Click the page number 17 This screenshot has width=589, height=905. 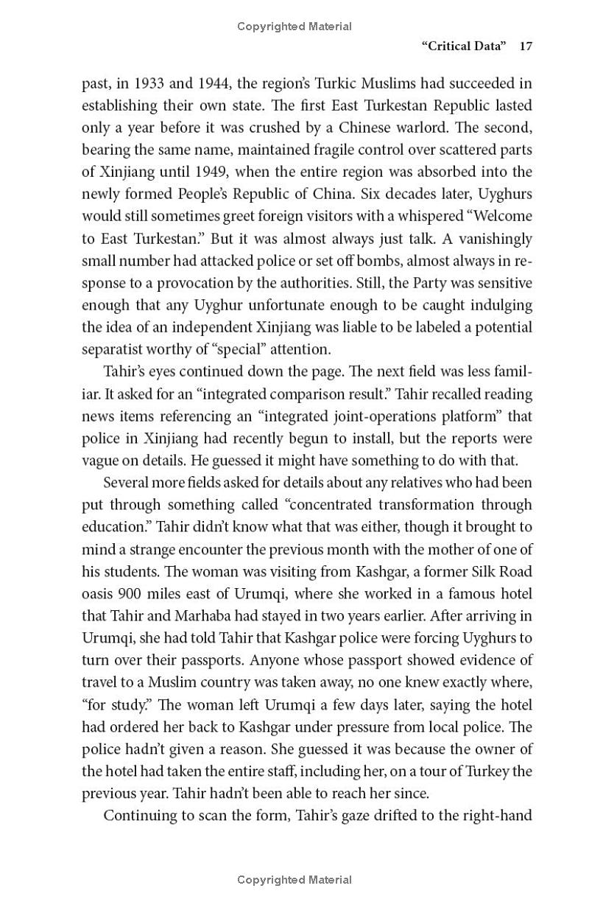(x=525, y=46)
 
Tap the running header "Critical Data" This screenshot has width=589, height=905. (x=464, y=46)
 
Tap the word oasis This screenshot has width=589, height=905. (x=99, y=594)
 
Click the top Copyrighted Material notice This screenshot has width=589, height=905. (x=294, y=27)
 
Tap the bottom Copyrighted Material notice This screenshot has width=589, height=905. (x=294, y=879)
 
